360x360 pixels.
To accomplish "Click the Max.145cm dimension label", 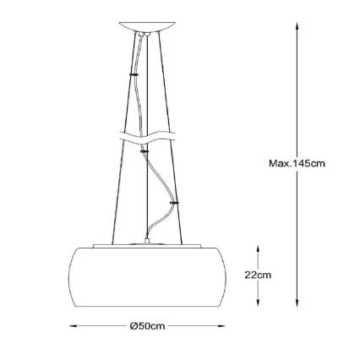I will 297,164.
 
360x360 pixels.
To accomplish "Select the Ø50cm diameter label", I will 147,325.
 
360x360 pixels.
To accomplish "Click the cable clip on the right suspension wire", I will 174,203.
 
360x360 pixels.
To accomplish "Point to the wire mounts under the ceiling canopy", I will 147,35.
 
